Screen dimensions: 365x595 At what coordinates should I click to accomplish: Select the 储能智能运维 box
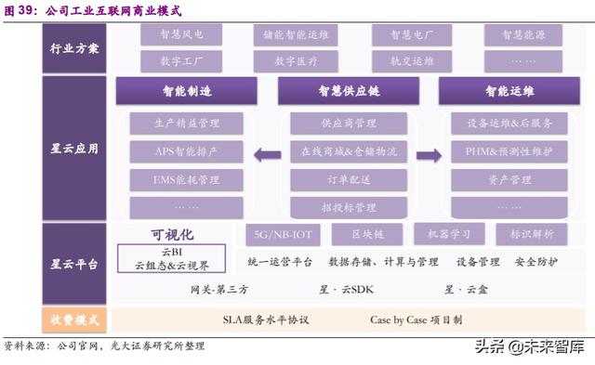[x=297, y=35]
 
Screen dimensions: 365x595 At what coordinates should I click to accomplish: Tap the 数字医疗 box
[x=297, y=61]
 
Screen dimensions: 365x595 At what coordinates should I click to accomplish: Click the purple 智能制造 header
[x=186, y=93]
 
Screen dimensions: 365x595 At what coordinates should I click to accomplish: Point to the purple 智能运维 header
[x=509, y=93]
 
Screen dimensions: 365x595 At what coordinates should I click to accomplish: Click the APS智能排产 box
[x=186, y=150]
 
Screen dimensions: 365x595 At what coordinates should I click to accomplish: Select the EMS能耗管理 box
[x=186, y=178]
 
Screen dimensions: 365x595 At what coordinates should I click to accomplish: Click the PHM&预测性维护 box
[x=509, y=150]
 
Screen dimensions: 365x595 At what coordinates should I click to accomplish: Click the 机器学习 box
[x=448, y=235]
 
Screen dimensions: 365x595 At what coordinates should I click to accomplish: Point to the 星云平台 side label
[x=73, y=264]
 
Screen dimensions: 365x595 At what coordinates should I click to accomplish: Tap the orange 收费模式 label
[x=73, y=320]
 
